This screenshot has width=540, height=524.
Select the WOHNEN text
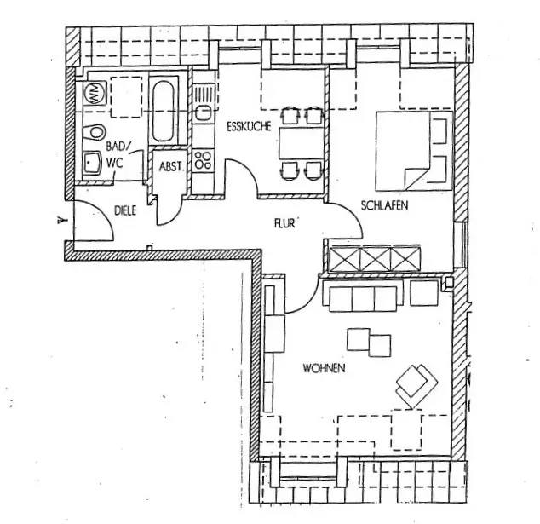[x=323, y=368]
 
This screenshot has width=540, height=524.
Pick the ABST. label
[x=171, y=167]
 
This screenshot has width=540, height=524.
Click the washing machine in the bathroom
[x=93, y=93]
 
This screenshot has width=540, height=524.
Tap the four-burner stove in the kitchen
[x=203, y=158]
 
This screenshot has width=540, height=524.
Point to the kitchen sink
[x=203, y=112]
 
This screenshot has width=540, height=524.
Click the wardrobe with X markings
[x=374, y=256]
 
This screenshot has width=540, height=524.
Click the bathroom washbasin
[x=92, y=162]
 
